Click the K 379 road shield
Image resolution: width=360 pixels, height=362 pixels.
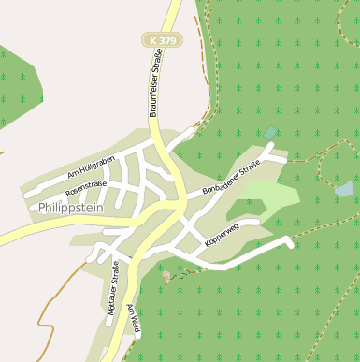(162, 40)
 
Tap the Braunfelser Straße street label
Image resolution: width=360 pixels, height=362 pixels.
(155, 84)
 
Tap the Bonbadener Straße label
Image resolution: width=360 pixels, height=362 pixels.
(230, 180)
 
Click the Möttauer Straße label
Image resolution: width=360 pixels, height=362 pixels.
(113, 292)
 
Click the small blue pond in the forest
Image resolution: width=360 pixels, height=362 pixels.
(344, 190)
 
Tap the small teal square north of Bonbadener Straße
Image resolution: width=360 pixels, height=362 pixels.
(270, 133)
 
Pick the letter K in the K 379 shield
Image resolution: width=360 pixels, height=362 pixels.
(153, 40)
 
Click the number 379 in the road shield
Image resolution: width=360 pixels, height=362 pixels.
(166, 40)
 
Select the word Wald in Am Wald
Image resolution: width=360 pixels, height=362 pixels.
(137, 320)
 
